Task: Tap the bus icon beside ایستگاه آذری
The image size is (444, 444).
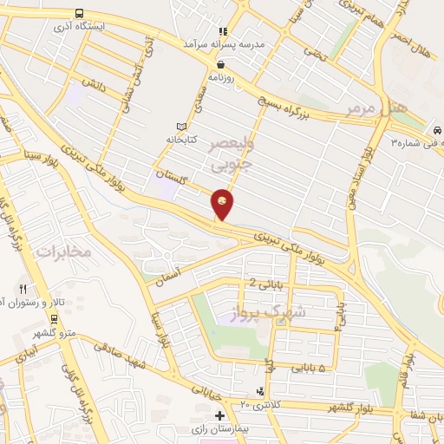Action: point(80,13)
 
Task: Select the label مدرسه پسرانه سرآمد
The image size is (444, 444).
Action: point(217,42)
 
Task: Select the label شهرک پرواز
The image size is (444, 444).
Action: point(270,311)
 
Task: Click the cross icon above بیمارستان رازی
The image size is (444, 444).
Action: point(220,416)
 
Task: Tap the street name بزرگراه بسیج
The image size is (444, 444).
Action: point(290,107)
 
